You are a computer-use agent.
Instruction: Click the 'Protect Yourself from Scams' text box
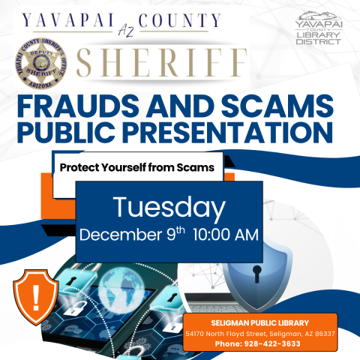point(137,166)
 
